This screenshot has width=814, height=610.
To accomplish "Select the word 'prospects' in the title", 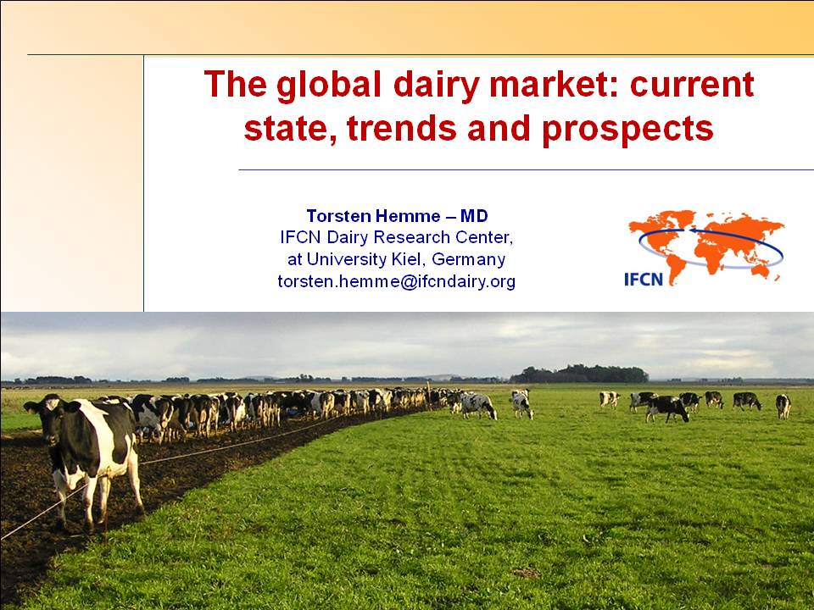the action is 627,130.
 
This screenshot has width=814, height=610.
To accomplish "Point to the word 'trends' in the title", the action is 402,128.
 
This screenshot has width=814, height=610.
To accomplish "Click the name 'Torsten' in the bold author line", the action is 339,216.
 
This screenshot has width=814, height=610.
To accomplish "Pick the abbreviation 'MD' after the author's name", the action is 474,216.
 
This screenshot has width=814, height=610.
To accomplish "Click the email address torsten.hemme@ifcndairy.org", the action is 397,281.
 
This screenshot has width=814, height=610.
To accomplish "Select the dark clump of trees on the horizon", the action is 580,374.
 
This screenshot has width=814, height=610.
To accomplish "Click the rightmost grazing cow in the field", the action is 783,406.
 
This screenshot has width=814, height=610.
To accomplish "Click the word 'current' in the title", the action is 692,85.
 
